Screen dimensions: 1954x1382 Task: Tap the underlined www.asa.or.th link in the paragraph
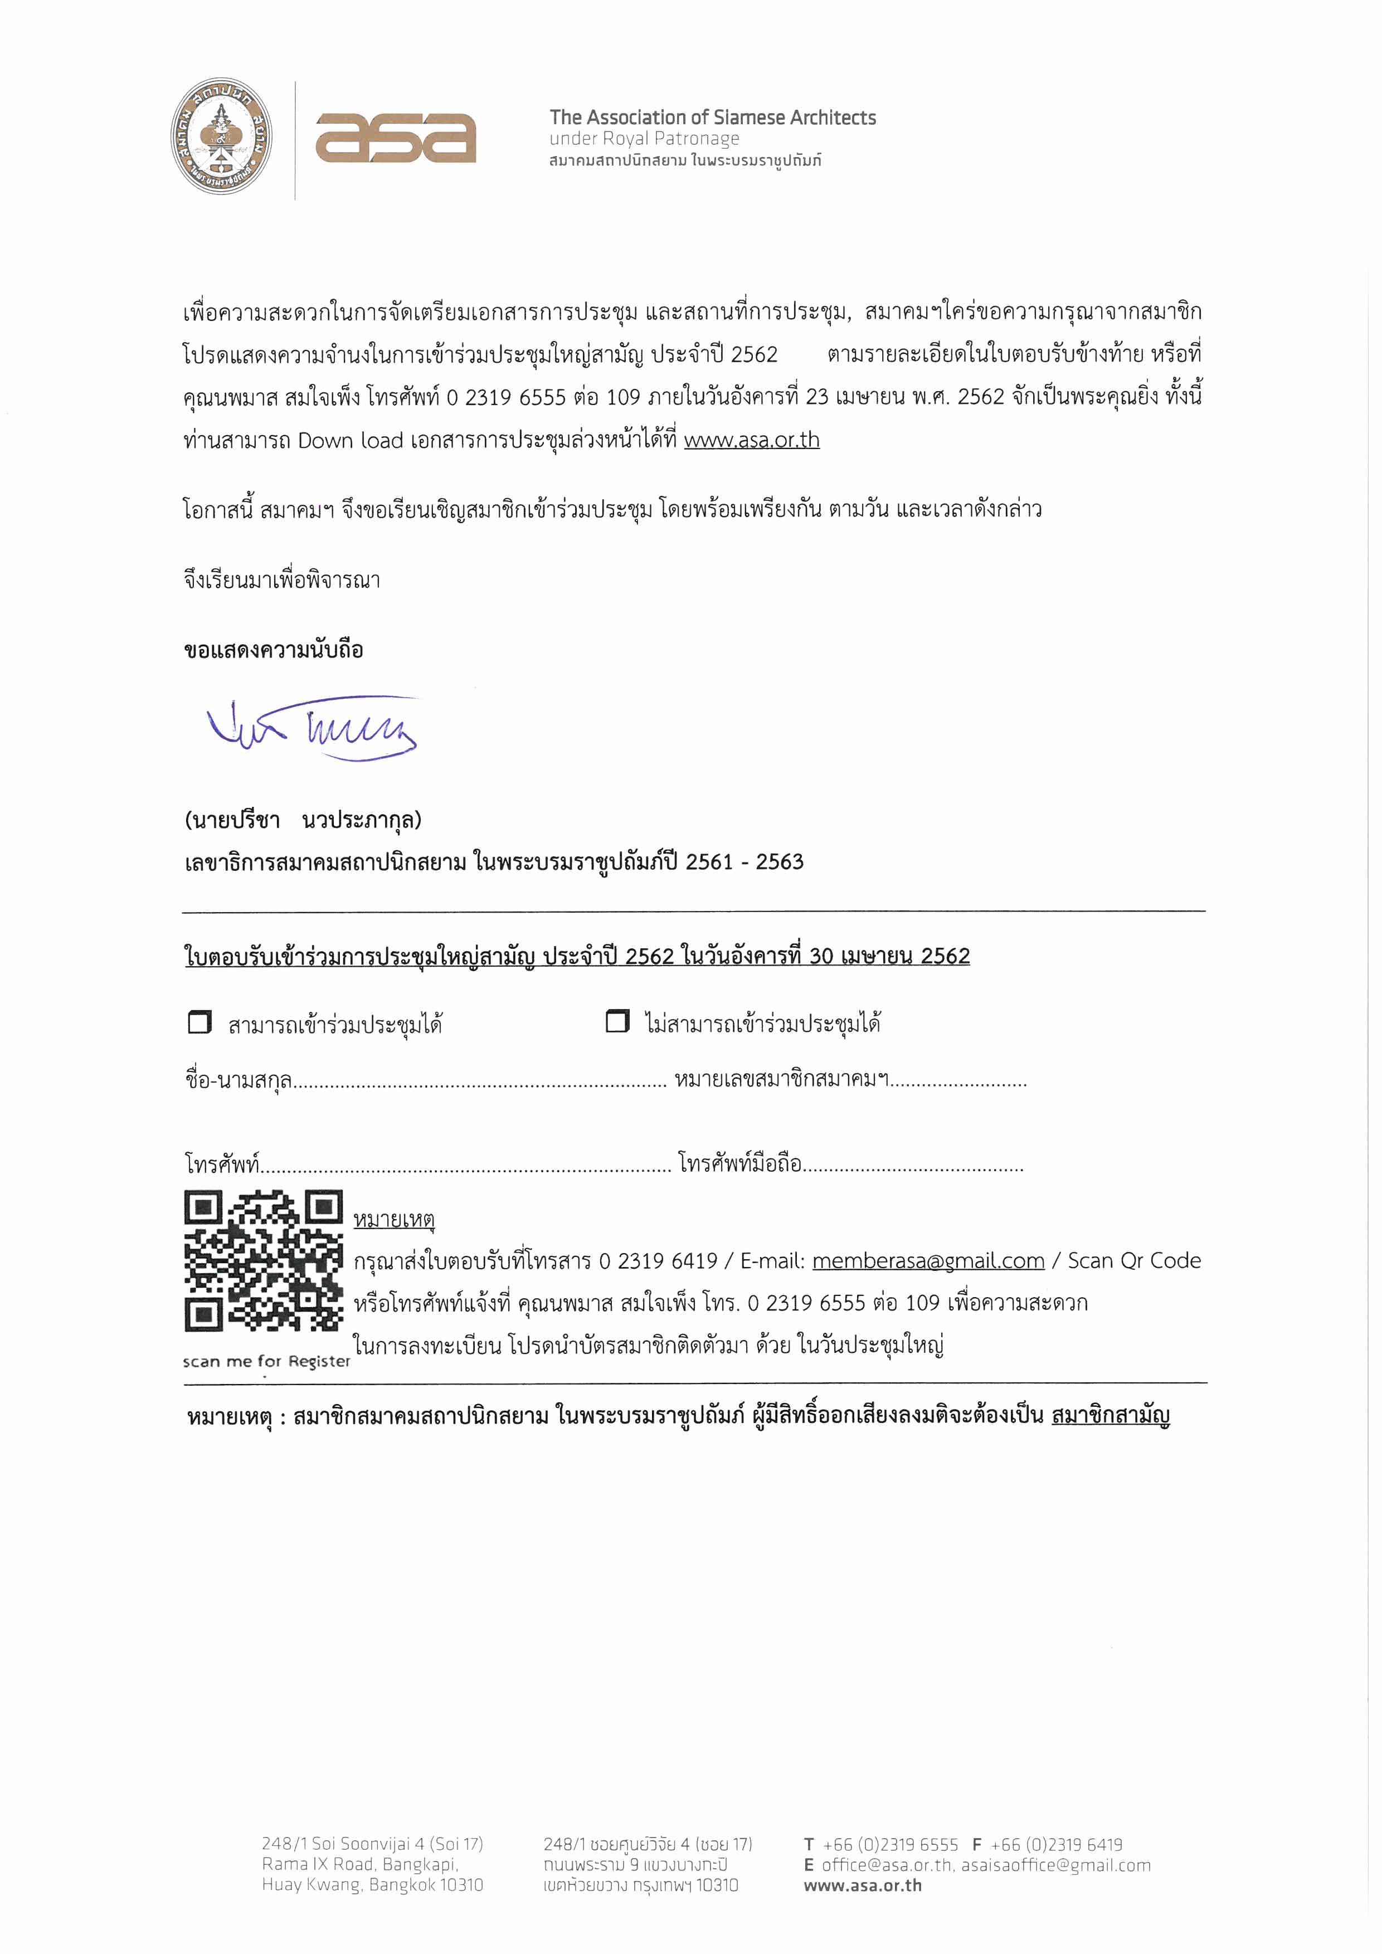(751, 440)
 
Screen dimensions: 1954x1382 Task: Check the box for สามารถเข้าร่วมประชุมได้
(199, 1021)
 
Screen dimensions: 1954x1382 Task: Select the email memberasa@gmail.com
(928, 1260)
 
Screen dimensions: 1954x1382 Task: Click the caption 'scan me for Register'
(266, 1361)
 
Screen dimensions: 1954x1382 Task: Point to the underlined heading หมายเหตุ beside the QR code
(394, 1219)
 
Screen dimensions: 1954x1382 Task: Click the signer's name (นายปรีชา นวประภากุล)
(303, 820)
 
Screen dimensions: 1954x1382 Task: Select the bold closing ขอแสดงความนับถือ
(273, 649)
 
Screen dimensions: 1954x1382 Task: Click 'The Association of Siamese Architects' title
(712, 118)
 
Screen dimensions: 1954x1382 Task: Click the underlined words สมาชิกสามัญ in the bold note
(1111, 1415)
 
